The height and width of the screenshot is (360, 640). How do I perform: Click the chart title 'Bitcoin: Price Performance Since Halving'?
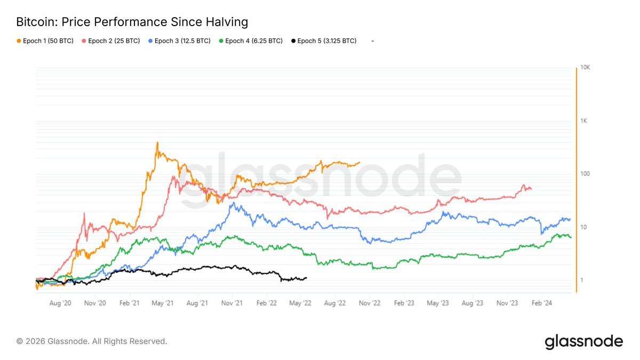[x=132, y=22]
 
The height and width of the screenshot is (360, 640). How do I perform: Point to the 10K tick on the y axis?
[x=586, y=68]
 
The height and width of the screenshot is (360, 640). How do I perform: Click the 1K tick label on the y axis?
[x=585, y=121]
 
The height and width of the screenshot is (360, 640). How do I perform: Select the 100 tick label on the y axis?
[x=586, y=174]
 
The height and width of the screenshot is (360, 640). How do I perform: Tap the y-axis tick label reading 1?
[x=582, y=281]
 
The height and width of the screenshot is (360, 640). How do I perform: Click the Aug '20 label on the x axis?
[x=60, y=303]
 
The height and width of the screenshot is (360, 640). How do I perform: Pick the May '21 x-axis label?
[x=163, y=303]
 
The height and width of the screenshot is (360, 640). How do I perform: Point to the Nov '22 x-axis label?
[x=370, y=303]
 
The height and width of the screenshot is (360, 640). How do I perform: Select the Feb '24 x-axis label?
[x=542, y=303]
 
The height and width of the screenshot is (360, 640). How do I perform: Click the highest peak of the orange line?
[x=157, y=142]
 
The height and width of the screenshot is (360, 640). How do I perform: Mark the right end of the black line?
[x=307, y=277]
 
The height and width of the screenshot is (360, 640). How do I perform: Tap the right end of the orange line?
[x=359, y=162]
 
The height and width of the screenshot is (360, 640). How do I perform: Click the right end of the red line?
[x=531, y=188]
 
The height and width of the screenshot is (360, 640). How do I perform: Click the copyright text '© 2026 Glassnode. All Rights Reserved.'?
[x=92, y=341]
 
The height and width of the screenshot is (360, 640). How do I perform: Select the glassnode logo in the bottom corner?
[x=583, y=341]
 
